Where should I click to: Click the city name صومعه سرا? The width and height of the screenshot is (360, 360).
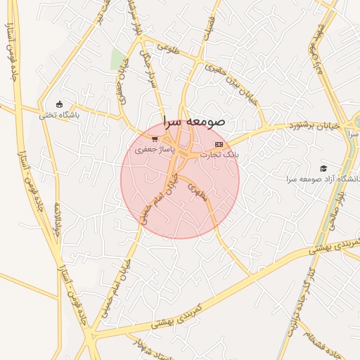[193, 120]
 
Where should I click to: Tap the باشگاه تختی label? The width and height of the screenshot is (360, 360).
[60, 115]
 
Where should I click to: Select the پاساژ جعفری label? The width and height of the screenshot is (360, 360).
[153, 149]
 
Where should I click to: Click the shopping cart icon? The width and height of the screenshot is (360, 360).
[155, 139]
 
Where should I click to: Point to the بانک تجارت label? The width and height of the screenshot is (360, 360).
[220, 153]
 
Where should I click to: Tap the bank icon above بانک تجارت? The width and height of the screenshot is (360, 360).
[218, 143]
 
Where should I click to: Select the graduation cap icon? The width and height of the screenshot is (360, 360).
[323, 167]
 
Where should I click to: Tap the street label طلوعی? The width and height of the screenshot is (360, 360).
[169, 49]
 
